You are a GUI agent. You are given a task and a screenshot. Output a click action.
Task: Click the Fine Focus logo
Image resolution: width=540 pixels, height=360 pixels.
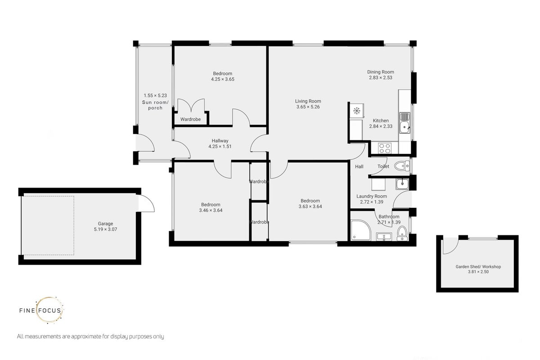(x=41, y=310)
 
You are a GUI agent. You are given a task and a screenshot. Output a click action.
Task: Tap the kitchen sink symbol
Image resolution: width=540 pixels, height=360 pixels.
(x=405, y=123)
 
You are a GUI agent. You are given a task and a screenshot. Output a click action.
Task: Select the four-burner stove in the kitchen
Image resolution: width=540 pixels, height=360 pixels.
(x=384, y=148)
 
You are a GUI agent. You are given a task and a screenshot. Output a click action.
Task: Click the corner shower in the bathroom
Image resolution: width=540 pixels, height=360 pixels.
(x=360, y=230)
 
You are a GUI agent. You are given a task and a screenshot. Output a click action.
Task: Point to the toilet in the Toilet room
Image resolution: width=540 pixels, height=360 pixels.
(x=401, y=166)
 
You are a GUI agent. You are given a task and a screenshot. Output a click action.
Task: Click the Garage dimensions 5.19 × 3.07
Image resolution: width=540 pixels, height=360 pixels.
(x=105, y=229)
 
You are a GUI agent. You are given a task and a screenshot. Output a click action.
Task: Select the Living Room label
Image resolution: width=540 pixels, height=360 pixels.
(x=308, y=101)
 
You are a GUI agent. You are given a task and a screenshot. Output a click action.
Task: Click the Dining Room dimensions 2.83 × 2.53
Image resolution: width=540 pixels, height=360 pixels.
(x=380, y=78)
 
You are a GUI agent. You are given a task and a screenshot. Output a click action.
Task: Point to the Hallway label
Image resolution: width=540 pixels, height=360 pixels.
(x=220, y=141)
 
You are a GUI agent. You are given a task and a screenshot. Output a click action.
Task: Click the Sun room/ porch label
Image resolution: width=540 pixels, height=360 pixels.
(x=155, y=105)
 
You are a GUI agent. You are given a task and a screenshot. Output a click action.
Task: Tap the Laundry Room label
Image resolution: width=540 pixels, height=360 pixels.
(x=372, y=196)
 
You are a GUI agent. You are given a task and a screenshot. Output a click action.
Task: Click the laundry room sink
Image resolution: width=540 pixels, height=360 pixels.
(x=402, y=184)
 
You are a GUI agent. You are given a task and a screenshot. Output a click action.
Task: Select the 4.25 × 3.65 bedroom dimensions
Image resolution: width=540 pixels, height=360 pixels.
(x=222, y=79)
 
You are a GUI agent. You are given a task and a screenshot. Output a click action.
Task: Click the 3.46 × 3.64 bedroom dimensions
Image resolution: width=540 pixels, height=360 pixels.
(x=211, y=210)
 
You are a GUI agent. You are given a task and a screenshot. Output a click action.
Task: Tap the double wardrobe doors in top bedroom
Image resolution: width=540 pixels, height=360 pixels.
(x=191, y=105)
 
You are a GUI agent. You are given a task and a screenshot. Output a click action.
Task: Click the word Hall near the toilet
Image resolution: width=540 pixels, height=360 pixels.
(x=359, y=166)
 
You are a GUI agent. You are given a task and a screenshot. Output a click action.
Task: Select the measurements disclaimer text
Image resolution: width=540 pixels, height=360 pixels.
(x=90, y=336)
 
